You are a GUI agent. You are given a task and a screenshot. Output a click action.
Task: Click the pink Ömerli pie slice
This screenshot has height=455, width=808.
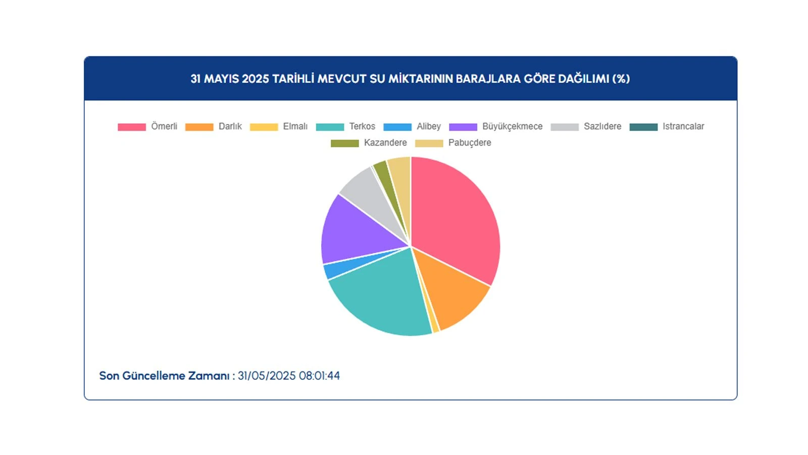[454, 217]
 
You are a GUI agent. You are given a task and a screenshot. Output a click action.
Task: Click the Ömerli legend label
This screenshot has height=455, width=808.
[164, 126]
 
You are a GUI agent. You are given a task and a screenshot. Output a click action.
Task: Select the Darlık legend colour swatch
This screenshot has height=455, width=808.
[199, 127]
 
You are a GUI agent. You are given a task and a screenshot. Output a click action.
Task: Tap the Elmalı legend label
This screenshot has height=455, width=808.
[295, 126]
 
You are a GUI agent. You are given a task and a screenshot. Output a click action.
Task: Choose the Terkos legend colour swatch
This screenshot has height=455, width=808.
[330, 127]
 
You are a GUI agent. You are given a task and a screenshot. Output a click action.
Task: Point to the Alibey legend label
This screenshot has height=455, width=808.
[428, 126]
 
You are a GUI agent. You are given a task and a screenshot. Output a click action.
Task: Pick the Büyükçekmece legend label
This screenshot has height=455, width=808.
[512, 126]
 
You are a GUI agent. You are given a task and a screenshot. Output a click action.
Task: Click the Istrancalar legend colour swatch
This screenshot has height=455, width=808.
[643, 127]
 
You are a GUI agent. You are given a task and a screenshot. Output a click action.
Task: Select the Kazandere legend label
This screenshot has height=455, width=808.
[385, 143]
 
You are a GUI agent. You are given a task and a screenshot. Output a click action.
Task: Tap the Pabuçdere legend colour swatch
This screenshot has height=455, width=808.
[429, 143]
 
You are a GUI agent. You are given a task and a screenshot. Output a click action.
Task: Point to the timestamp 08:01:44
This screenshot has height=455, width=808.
[319, 376]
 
